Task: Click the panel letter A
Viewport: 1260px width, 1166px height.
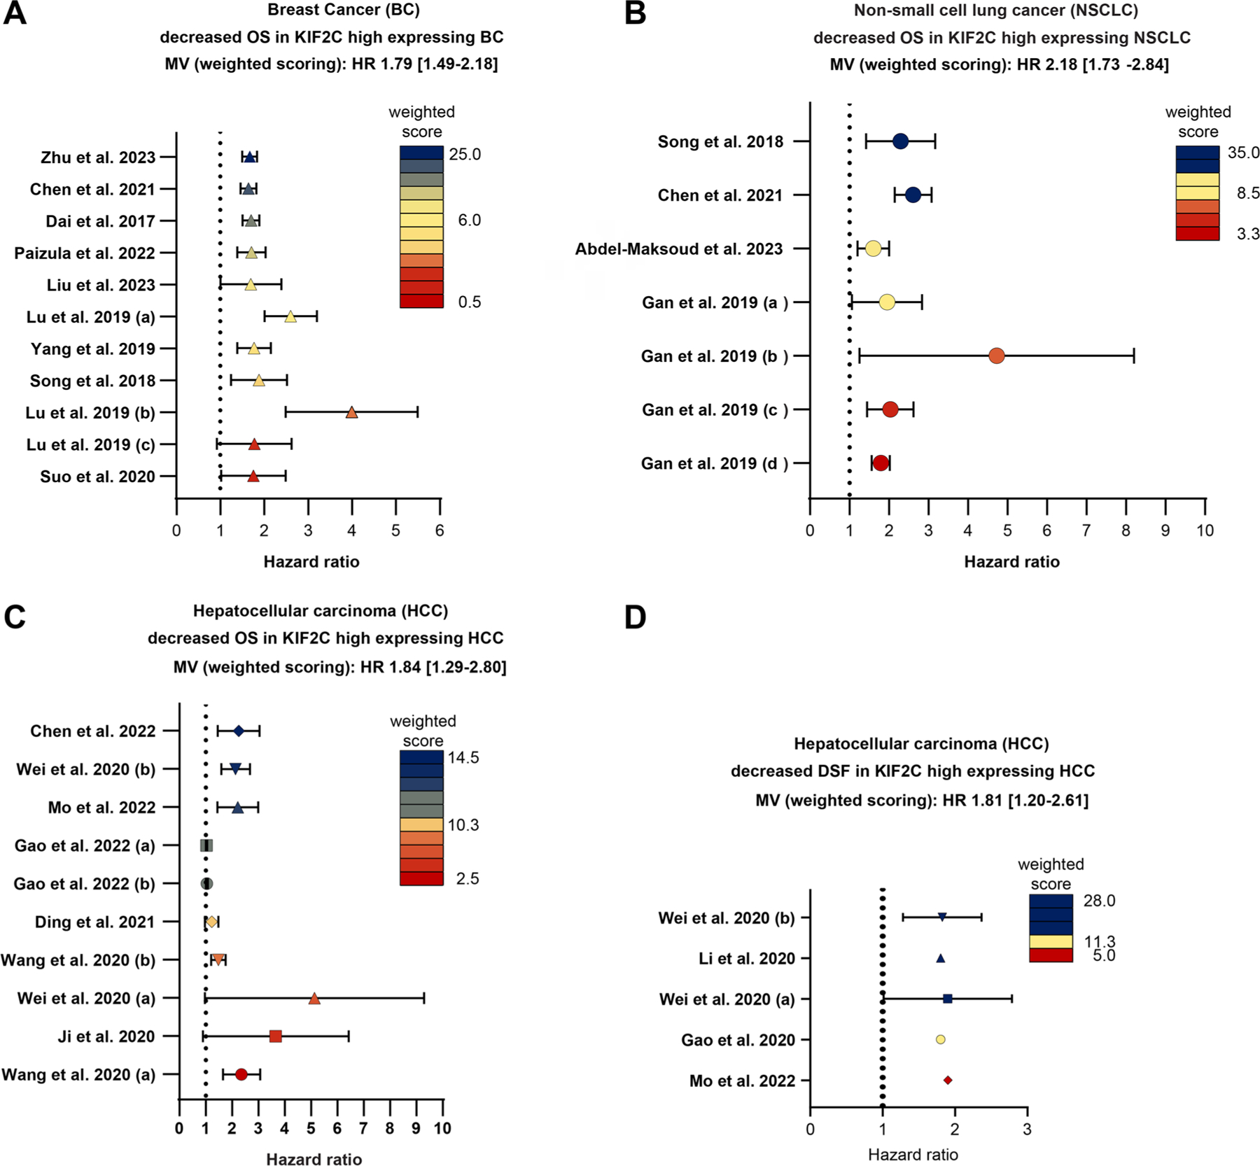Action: (15, 13)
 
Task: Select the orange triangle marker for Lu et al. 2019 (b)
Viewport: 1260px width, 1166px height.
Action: (351, 413)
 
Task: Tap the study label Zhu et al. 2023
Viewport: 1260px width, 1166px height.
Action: (98, 157)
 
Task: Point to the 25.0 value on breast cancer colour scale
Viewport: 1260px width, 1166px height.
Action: (465, 155)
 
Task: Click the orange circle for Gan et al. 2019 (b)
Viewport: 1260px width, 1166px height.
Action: (996, 356)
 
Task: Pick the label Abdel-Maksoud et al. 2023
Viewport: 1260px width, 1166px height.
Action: (678, 249)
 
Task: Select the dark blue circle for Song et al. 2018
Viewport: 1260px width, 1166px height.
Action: (900, 141)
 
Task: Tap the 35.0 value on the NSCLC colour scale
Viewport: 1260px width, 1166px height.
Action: (1243, 153)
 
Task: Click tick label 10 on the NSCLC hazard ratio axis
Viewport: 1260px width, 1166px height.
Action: (1205, 531)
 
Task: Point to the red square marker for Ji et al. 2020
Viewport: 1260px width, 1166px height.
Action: (275, 1037)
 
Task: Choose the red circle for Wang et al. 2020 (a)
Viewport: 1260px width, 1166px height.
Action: (241, 1074)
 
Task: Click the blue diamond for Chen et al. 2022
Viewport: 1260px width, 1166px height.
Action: (238, 731)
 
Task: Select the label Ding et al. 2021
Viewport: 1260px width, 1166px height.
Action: (94, 922)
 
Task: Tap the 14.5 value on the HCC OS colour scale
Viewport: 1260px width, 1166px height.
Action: (463, 758)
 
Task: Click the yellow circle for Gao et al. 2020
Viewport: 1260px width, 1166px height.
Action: (940, 1040)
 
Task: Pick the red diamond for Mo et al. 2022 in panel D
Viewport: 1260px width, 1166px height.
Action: (948, 1081)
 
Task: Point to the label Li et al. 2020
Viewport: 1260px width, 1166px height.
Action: (747, 959)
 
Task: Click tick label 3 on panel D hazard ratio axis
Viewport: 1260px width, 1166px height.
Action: (1026, 1129)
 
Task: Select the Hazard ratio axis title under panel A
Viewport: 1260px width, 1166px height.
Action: (311, 562)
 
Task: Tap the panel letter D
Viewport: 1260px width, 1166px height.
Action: (635, 618)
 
